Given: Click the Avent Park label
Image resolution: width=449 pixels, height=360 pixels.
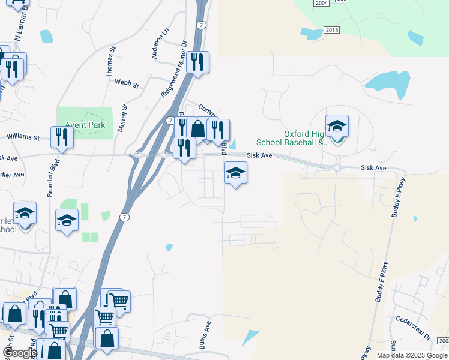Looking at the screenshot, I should pos(85,125).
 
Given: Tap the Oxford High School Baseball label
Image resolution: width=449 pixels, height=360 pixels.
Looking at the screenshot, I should pos(292,138).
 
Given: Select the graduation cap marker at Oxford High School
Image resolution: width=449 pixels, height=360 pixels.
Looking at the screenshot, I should pos(337,127).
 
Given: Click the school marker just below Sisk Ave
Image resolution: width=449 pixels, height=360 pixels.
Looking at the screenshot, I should pos(235,173).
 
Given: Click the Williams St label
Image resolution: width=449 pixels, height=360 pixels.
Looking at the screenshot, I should pos(23,137).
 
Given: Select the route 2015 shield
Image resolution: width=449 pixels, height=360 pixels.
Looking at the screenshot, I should pos(331,30).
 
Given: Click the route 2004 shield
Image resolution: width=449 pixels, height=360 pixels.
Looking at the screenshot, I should pos(321,3).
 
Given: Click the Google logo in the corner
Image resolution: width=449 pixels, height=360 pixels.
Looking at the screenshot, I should pos(19,353).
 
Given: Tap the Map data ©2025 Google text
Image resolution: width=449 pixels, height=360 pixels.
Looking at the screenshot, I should pos(412,355).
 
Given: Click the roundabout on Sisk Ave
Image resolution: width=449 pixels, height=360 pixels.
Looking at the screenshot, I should pos(337,167).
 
